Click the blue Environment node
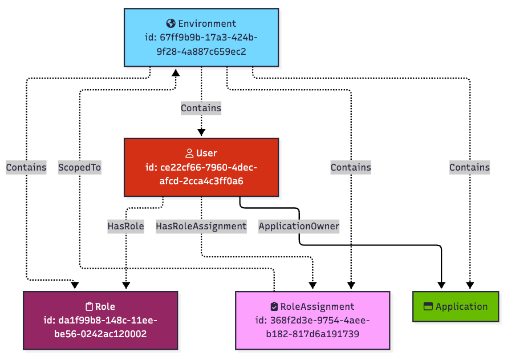click(201, 37)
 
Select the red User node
click(201, 167)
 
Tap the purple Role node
click(100, 320)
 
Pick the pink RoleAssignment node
click(313, 320)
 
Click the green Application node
click(456, 306)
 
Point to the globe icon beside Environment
click(171, 23)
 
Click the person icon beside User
click(189, 153)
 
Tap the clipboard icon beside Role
click(89, 306)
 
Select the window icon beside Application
click(428, 306)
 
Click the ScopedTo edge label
click(80, 167)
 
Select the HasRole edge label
click(125, 226)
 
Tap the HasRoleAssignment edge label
click(201, 226)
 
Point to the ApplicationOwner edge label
click(299, 226)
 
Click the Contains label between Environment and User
click(201, 107)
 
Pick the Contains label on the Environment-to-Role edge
click(26, 167)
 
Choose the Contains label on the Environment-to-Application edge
click(469, 167)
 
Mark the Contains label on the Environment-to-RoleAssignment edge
click(351, 167)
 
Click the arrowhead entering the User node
click(201, 132)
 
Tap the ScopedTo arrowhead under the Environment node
click(176, 72)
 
